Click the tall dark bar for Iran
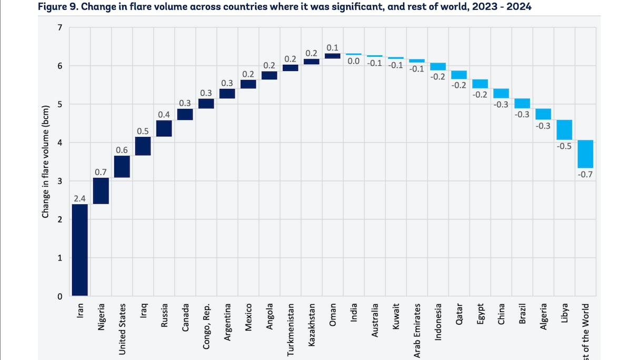click(80, 250)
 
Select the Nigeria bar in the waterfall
click(101, 191)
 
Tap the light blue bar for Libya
click(564, 130)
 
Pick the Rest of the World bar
click(585, 154)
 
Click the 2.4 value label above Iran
click(80, 198)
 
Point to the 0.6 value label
click(122, 151)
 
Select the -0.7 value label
click(585, 174)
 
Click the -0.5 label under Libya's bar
click(564, 146)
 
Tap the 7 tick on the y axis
click(59, 27)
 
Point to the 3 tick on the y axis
click(59, 181)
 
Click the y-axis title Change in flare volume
click(46, 162)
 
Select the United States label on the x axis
click(122, 329)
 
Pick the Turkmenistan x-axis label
click(291, 329)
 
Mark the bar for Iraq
click(143, 146)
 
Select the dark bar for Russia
click(164, 128)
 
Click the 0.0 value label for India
click(354, 62)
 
